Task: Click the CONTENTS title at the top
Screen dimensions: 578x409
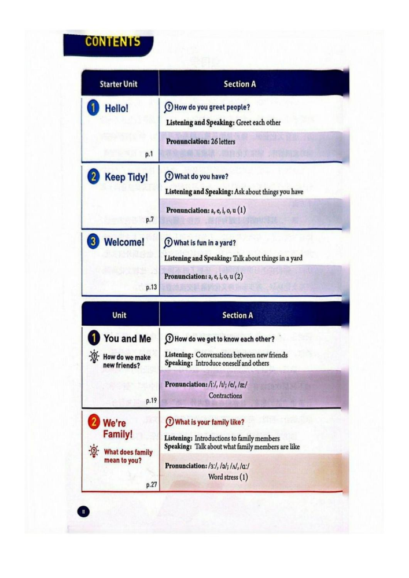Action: point(112,42)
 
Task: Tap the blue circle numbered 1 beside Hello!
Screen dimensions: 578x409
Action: point(91,108)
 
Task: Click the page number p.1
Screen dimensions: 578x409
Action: point(148,154)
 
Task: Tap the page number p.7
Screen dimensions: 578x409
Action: point(149,219)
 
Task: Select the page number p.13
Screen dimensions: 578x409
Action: point(150,286)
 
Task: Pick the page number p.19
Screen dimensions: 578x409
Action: point(151,400)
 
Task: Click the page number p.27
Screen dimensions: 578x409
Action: point(151,485)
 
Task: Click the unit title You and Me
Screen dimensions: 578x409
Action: point(127,339)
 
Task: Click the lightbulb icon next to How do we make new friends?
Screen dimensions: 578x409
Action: point(93,357)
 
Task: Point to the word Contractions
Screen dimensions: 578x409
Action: point(226,396)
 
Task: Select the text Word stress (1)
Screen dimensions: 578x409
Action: point(228,477)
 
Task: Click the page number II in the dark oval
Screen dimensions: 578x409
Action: point(83,511)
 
